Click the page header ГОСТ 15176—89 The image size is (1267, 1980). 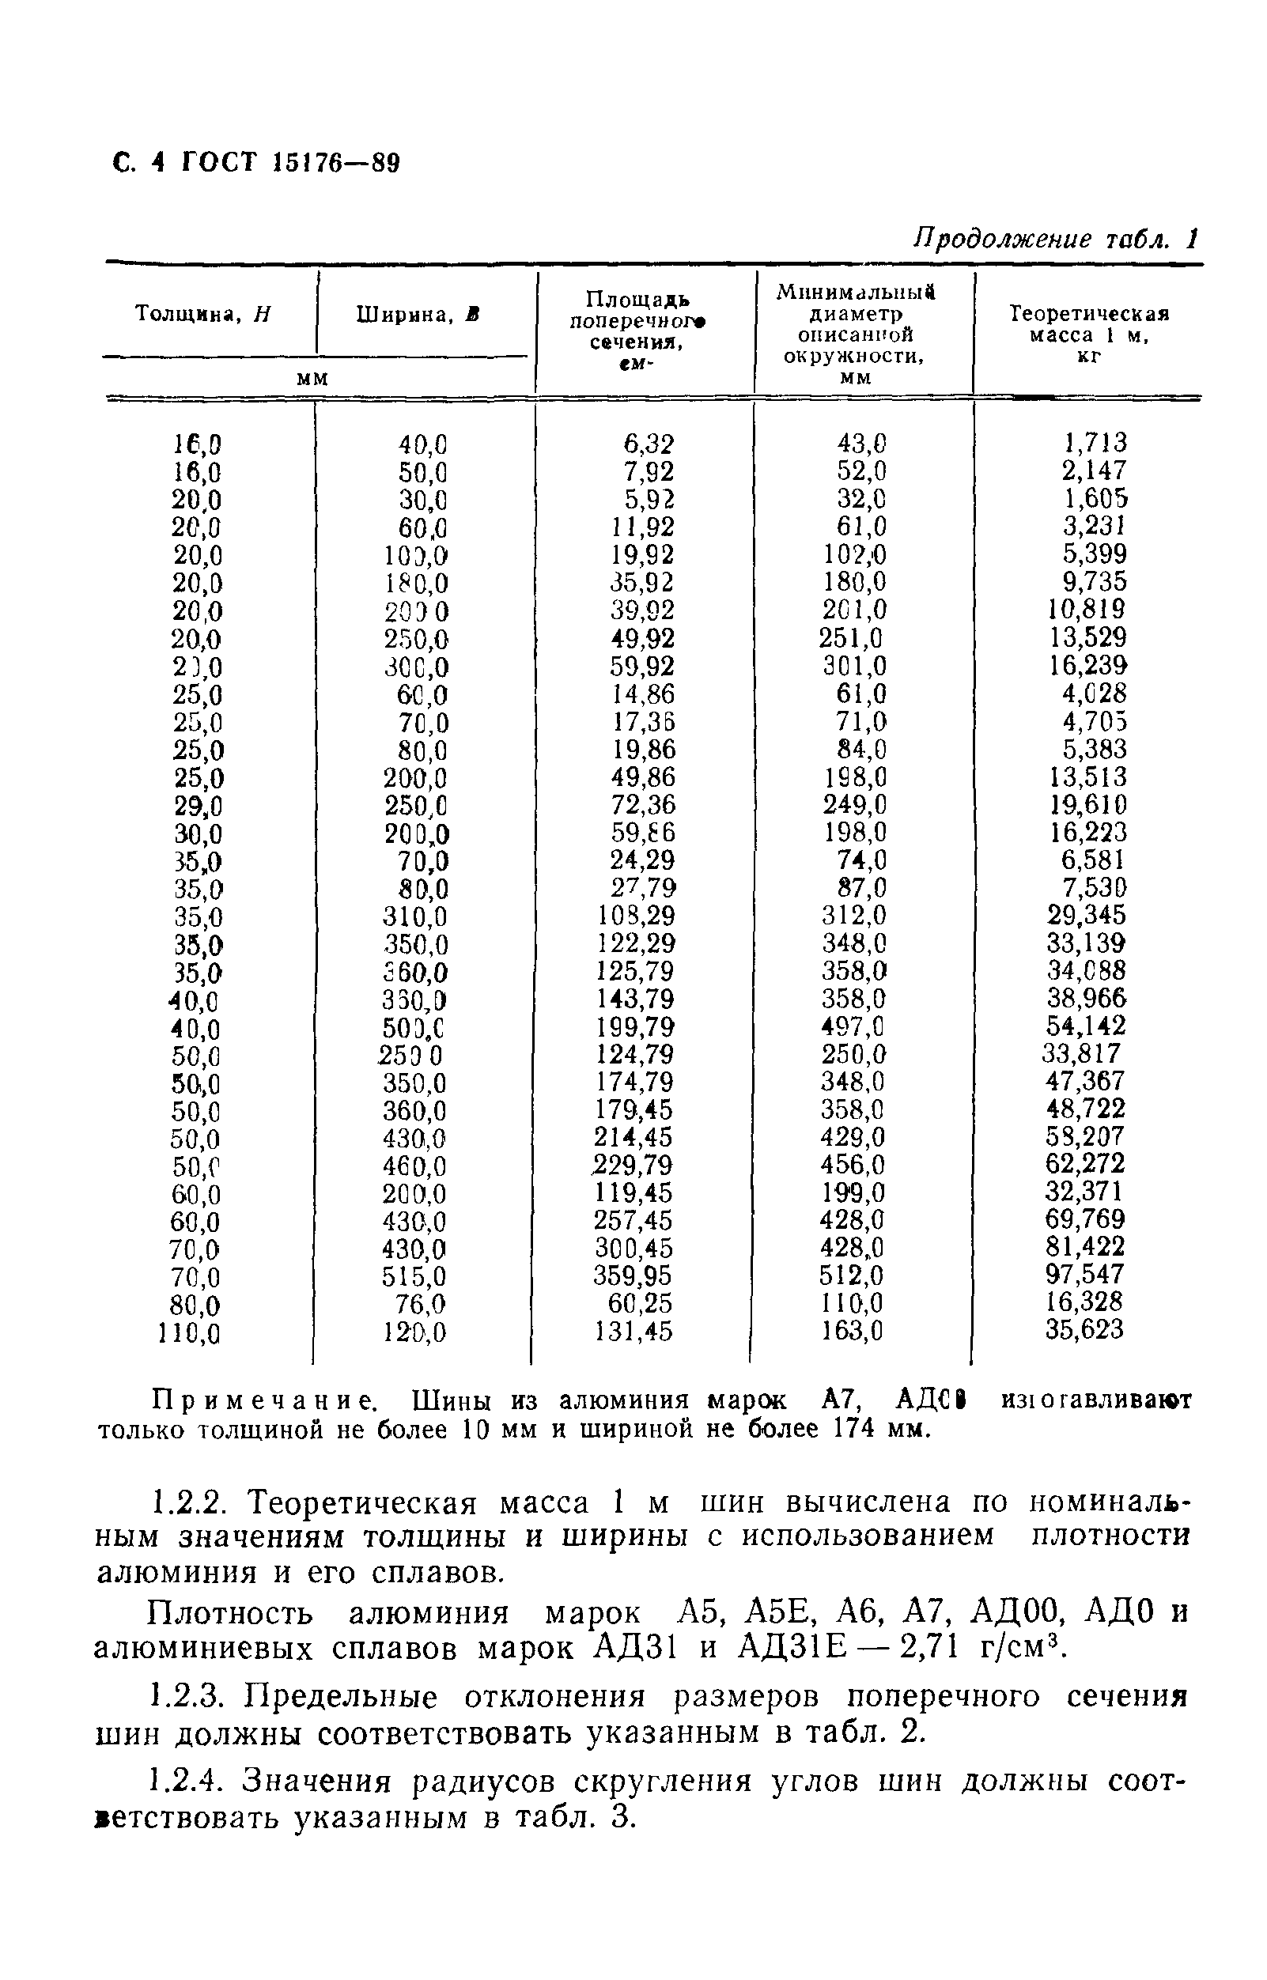coord(255,163)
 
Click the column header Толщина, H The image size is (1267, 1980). coord(203,314)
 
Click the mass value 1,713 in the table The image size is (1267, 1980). coord(1094,444)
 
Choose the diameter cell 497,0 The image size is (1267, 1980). coord(853,1026)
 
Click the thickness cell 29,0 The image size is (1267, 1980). coord(198,805)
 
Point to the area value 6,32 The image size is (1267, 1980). coord(649,444)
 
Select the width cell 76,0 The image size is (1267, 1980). coord(422,1305)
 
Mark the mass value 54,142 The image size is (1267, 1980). coord(1085,1026)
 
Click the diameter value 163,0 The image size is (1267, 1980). coord(853,1331)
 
